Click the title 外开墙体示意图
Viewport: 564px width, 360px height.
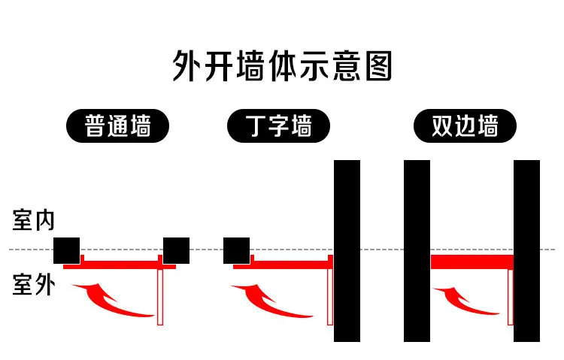[x=282, y=66]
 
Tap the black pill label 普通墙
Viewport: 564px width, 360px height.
[x=117, y=126]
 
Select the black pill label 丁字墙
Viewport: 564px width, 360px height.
[x=278, y=126]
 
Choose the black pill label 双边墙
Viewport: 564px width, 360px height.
[x=465, y=126]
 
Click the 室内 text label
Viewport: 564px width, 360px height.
[x=33, y=219]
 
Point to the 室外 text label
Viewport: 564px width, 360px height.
[x=34, y=284]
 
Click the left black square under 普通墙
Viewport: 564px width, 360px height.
[x=66, y=251]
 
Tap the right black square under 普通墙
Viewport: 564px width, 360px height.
[x=176, y=251]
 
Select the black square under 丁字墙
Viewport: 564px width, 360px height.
[x=236, y=251]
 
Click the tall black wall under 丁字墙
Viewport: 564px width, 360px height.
[x=347, y=251]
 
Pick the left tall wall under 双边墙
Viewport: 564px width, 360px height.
[x=417, y=251]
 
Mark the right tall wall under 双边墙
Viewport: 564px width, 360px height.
[x=526, y=251]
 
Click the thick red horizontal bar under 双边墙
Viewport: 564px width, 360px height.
[x=472, y=262]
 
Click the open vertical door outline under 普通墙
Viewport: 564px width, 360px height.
[x=160, y=297]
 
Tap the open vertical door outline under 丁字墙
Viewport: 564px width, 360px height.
[x=330, y=297]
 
